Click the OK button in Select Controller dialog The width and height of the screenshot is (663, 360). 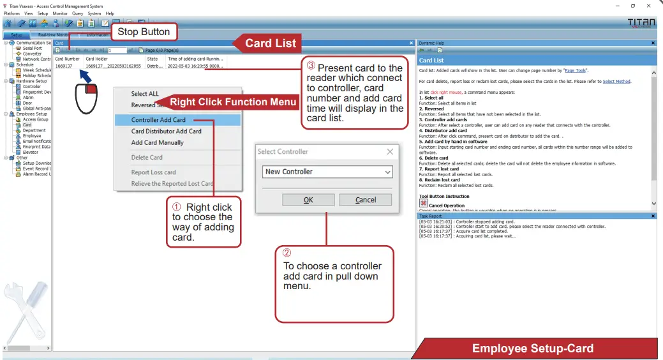coord(308,200)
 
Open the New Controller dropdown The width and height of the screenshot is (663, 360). coord(328,172)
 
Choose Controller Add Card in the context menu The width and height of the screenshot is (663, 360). coord(158,120)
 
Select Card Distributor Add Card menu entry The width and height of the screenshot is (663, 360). coord(166,131)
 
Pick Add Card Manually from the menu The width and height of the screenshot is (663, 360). coord(157,143)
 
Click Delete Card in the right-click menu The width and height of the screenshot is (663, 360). coord(147,158)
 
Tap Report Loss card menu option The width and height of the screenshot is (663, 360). coord(153,172)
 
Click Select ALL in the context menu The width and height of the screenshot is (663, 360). coord(145,94)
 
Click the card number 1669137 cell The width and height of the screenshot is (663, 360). coord(64,66)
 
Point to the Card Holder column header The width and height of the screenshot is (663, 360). coord(96,59)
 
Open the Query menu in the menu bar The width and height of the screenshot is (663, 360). coord(77,13)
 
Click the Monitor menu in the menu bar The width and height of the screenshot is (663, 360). coord(60,13)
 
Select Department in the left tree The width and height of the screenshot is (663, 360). coord(34,130)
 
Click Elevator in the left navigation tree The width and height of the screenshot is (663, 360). coord(31,152)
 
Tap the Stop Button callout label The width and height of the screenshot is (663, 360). coord(144,32)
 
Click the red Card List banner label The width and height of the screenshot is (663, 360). coord(271,43)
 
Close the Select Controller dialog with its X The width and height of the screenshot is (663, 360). coord(390,152)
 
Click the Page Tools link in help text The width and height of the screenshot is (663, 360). coord(575,70)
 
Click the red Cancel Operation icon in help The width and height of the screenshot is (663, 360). coord(423,202)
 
